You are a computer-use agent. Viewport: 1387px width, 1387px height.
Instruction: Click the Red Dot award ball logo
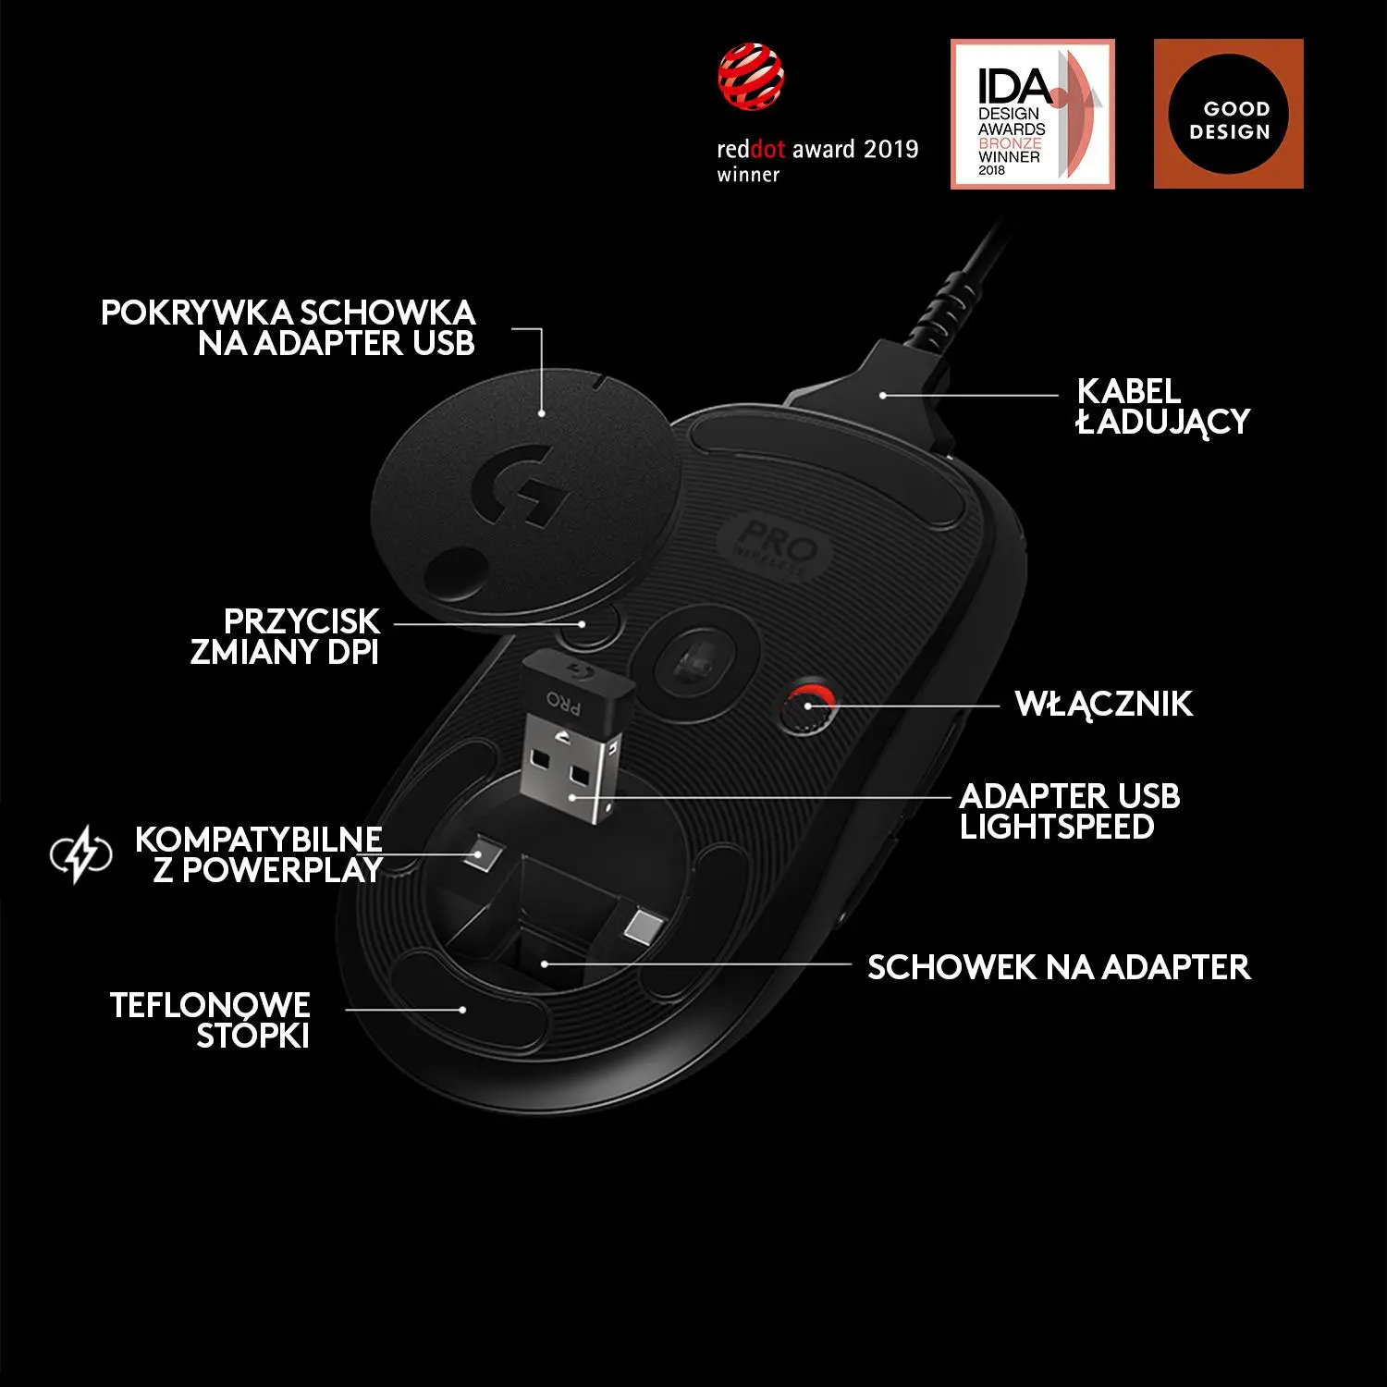tap(751, 77)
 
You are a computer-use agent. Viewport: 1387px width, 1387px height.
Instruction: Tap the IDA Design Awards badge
tap(1033, 114)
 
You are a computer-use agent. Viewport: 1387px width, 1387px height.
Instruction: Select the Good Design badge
tap(1229, 114)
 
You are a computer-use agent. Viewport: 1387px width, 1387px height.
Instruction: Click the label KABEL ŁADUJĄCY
tap(1163, 407)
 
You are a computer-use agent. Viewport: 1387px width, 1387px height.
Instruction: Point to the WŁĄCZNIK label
tap(1104, 705)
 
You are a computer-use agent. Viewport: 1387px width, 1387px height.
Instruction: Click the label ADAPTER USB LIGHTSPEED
tap(1070, 811)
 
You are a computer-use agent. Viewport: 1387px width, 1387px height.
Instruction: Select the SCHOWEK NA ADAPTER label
tap(1059, 967)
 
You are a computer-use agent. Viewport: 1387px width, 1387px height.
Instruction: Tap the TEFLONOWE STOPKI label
tap(210, 1020)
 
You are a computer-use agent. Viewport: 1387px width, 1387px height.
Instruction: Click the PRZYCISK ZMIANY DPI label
tap(285, 636)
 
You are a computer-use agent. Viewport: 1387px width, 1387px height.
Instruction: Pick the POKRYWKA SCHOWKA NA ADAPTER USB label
tap(288, 327)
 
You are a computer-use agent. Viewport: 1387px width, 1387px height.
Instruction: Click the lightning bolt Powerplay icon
tap(80, 854)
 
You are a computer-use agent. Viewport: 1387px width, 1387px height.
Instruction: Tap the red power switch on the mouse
tap(807, 708)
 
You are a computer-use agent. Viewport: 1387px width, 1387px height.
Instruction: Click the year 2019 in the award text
tap(890, 149)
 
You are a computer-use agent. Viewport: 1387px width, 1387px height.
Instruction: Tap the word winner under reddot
tap(748, 175)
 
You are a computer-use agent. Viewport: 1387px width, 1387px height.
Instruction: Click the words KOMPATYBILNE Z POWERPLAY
tap(259, 854)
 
